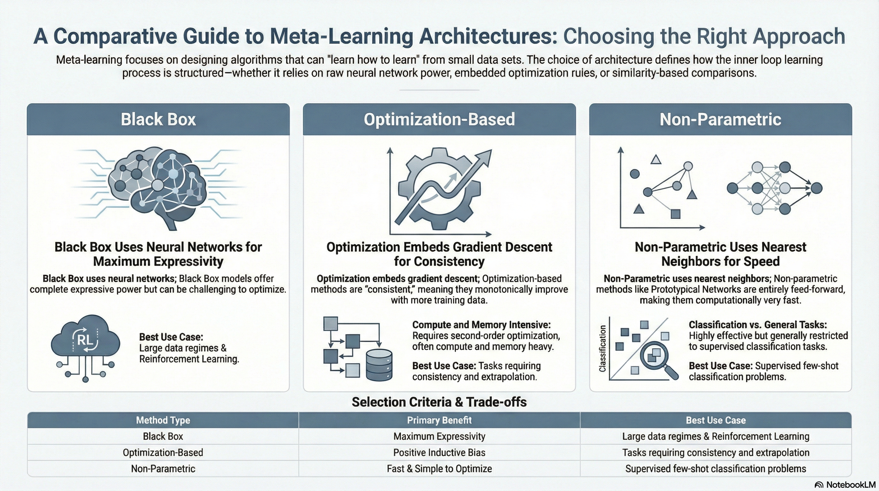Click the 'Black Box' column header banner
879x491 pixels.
coord(158,119)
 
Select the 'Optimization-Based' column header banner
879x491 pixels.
coord(439,119)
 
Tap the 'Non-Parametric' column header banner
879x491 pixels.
coord(720,119)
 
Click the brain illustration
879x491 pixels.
coord(158,186)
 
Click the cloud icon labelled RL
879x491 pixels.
coord(85,341)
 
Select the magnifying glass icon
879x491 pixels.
coord(657,359)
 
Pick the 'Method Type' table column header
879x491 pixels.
coord(163,420)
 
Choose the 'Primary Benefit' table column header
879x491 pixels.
coord(439,420)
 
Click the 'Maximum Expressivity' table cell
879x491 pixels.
coord(439,436)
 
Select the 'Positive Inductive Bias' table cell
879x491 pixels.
coord(439,452)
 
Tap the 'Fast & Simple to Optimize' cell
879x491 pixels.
coord(439,469)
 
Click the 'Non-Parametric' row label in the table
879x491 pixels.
coord(163,469)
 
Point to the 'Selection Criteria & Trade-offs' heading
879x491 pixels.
coord(439,402)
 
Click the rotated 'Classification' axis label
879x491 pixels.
coord(603,348)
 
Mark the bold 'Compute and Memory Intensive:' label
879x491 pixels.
coord(481,325)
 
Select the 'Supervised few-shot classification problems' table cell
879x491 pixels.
coord(715,469)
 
